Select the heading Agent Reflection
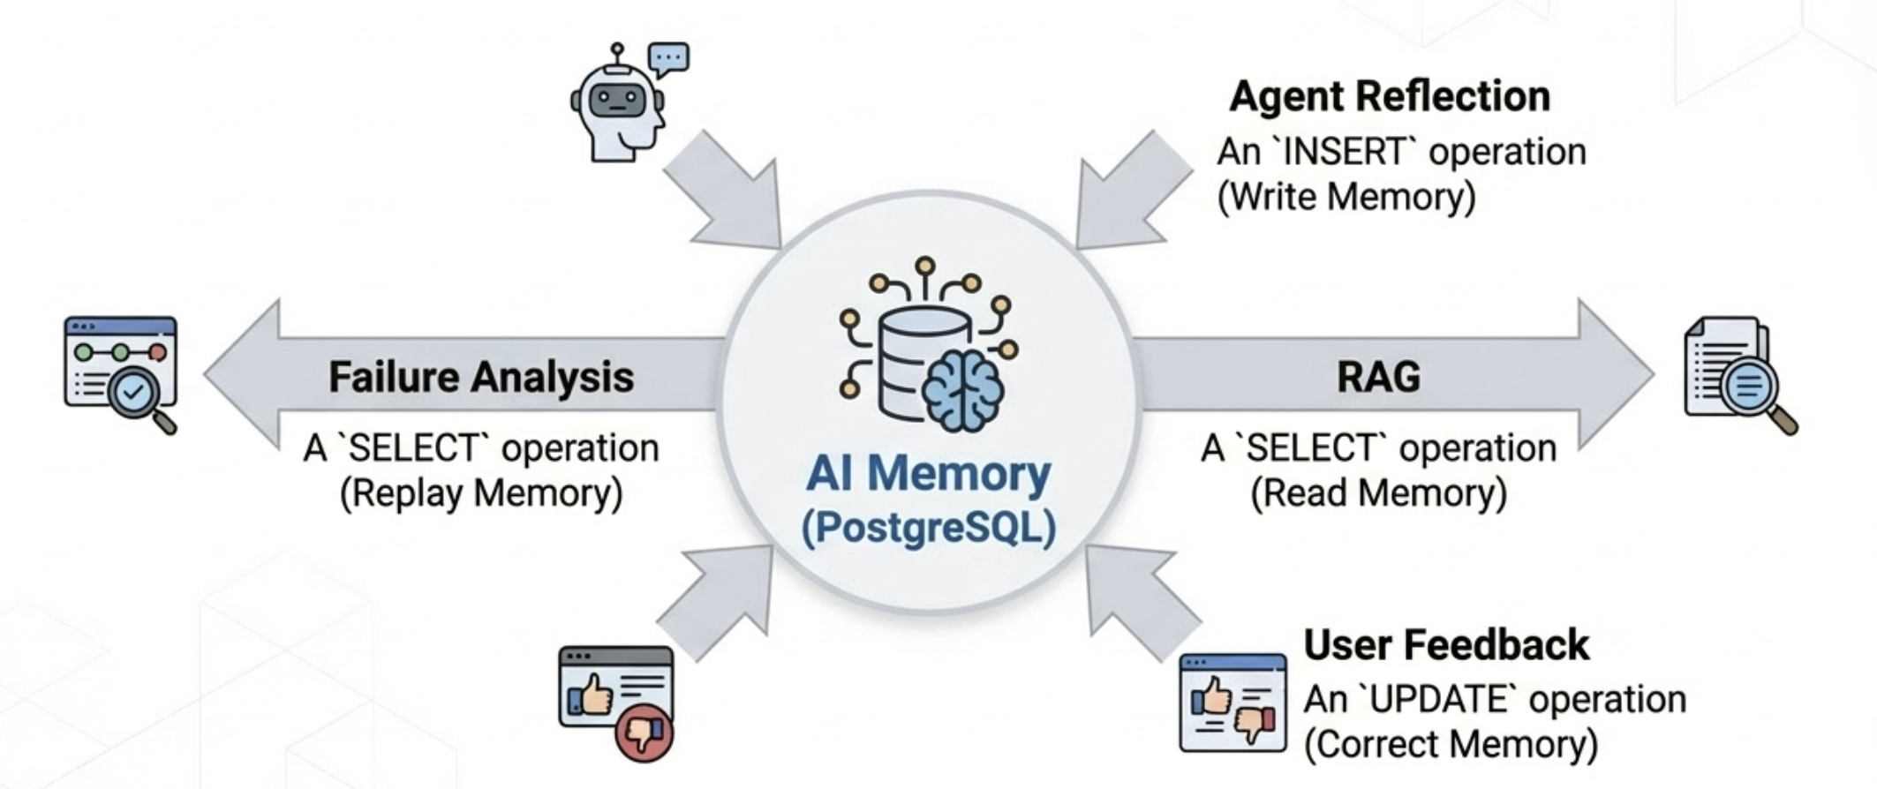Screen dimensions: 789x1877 (x=1389, y=96)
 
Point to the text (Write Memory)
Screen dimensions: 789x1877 (x=1346, y=197)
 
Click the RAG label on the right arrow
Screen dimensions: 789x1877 (x=1378, y=377)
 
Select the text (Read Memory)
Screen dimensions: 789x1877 (x=1378, y=492)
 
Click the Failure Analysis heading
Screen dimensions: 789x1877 (x=481, y=377)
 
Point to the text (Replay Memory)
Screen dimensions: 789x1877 (x=481, y=492)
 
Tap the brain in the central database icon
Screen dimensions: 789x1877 (x=963, y=389)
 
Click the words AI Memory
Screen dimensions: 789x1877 (x=928, y=474)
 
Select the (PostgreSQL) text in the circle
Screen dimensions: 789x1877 (x=928, y=528)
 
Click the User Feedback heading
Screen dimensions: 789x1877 (x=1446, y=645)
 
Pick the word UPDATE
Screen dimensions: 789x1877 (x=1441, y=700)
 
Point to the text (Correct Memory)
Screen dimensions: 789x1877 (x=1451, y=744)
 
